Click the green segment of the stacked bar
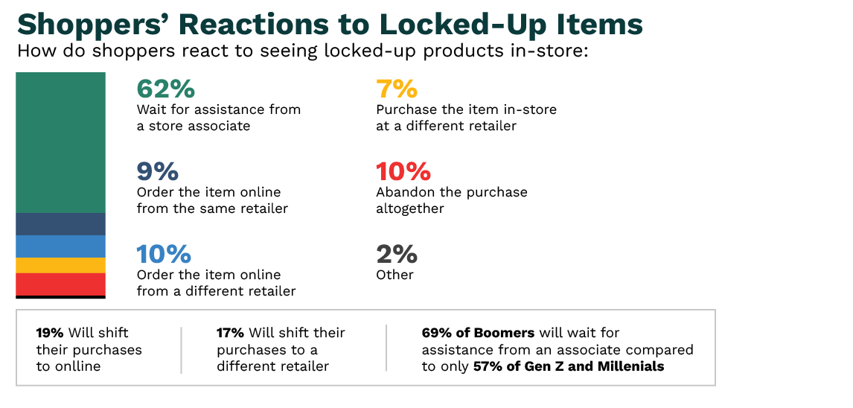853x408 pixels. tap(60, 142)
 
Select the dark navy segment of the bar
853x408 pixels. tap(60, 224)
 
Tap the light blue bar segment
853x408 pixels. tap(60, 246)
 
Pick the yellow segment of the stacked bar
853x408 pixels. tap(60, 266)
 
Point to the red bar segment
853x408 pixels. tap(60, 284)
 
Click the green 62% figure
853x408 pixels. tap(165, 89)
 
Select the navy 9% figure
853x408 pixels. tap(157, 172)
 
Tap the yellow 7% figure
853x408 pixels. tap(397, 89)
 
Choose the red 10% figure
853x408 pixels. tap(403, 172)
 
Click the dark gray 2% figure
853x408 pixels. tap(397, 255)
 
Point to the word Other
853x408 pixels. tap(394, 275)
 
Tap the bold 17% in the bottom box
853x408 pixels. tap(230, 332)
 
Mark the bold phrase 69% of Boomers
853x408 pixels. tap(478, 332)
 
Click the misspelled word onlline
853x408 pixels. tap(77, 366)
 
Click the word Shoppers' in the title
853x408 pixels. tap(94, 25)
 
